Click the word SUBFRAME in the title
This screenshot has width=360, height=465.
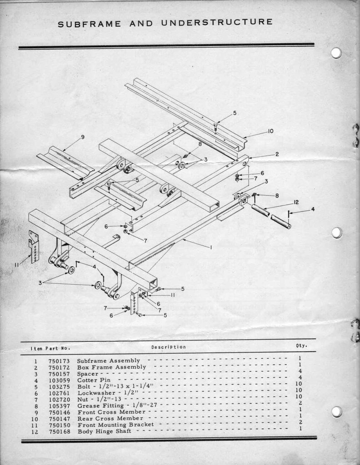[90, 24]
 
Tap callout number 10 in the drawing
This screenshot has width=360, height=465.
[270, 131]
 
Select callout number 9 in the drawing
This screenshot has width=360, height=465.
[83, 137]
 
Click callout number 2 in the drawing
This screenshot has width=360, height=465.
[277, 154]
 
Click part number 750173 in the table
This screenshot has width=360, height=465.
[59, 361]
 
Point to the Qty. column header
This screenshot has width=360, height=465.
[301, 346]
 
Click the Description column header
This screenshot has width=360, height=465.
[168, 347]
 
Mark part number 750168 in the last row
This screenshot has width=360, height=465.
[59, 431]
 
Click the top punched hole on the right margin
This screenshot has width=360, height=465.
[336, 53]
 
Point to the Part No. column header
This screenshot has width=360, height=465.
[57, 349]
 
